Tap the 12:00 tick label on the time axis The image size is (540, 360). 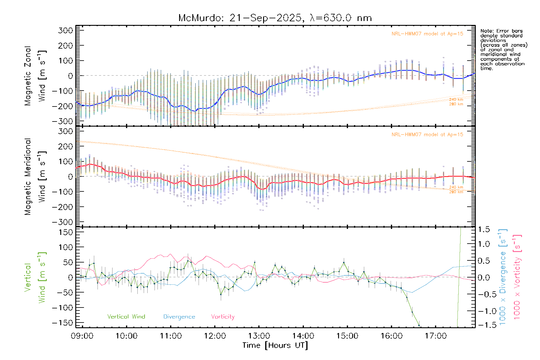[215, 336]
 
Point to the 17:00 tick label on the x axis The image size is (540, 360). [436, 336]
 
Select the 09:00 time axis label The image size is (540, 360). [82, 336]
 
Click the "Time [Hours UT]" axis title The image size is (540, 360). [275, 345]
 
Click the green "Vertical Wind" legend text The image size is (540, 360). [126, 317]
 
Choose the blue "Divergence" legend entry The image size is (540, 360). [179, 317]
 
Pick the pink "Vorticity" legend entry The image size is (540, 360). [223, 317]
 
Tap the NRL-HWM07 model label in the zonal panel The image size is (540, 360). [427, 34]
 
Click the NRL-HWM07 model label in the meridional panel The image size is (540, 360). [427, 135]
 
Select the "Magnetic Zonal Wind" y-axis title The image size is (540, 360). [35, 76]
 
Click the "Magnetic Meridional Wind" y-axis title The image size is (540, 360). [35, 177]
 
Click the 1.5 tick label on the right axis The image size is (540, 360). [484, 229]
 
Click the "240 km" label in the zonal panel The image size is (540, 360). [456, 100]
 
